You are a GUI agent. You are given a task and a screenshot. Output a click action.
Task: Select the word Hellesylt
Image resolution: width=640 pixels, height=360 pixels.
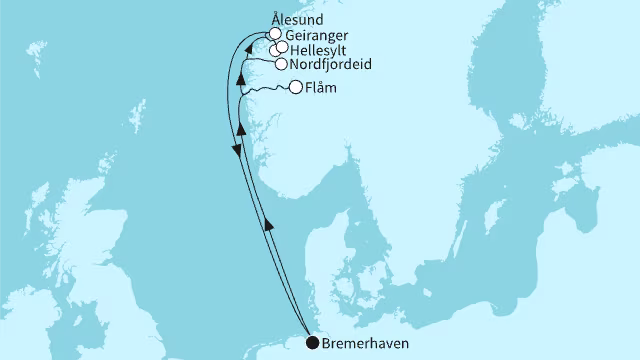320,48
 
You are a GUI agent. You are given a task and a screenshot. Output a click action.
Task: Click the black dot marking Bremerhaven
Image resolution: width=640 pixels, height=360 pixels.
313,344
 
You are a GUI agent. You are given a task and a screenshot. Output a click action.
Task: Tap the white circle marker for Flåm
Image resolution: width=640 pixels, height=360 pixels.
296,88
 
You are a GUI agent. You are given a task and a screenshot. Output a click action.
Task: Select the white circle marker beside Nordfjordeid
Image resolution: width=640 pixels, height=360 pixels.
281,64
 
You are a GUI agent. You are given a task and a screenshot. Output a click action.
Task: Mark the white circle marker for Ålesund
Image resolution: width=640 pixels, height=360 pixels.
274,33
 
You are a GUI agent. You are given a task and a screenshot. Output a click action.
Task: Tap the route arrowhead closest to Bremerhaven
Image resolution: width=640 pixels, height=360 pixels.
268,227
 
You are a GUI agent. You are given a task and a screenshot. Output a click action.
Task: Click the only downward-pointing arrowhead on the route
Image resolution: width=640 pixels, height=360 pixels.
236,149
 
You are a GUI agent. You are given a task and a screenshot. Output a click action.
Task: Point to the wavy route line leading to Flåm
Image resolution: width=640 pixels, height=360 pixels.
268,90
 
